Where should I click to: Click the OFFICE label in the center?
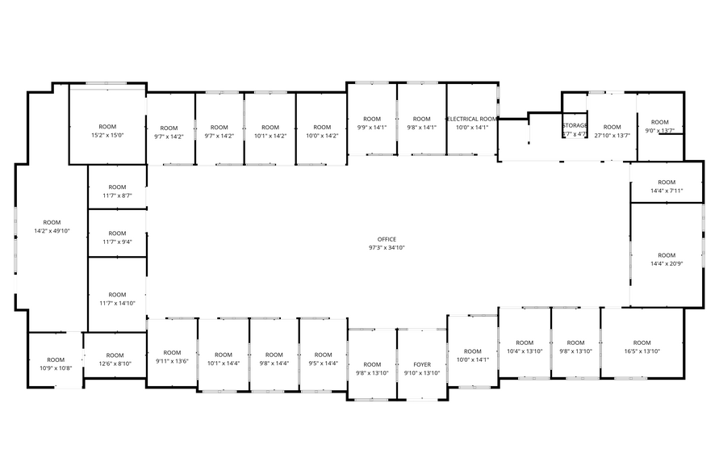pyautogui.click(x=387, y=239)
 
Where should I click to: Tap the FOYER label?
pyautogui.click(x=421, y=364)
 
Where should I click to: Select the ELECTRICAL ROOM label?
pyautogui.click(x=472, y=119)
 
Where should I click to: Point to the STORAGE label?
pyautogui.click(x=575, y=125)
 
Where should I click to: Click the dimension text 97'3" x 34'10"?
pyautogui.click(x=387, y=248)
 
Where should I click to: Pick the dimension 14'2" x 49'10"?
pyautogui.click(x=52, y=231)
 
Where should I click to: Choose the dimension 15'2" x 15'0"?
pyautogui.click(x=107, y=136)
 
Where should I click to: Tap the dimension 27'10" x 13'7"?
pyautogui.click(x=612, y=136)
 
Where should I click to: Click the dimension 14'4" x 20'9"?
pyautogui.click(x=667, y=263)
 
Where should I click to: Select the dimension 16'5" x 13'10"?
pyautogui.click(x=642, y=351)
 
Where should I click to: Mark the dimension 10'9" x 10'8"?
pyautogui.click(x=56, y=368)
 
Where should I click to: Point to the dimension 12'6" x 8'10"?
pyautogui.click(x=115, y=364)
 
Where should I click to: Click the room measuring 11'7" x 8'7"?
pyautogui.click(x=117, y=191)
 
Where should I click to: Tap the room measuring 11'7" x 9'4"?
pyautogui.click(x=117, y=237)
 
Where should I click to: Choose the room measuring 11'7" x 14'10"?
pyautogui.click(x=117, y=299)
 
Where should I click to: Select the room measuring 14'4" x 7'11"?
pyautogui.click(x=667, y=187)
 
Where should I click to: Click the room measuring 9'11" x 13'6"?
pyautogui.click(x=172, y=356)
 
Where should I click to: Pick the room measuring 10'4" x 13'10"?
pyautogui.click(x=525, y=347)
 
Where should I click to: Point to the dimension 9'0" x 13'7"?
pyautogui.click(x=659, y=131)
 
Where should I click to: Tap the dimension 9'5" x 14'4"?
pyautogui.click(x=323, y=364)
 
